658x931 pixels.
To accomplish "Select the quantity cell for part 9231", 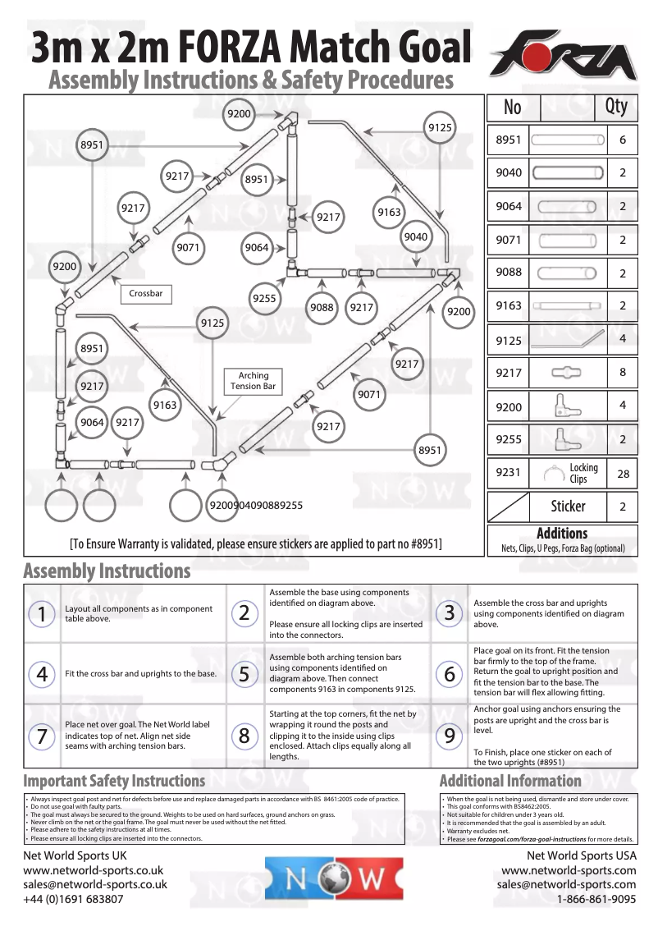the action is pos(623,474).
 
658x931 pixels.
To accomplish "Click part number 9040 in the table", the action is pos(509,173).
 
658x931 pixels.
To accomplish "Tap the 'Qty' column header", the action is pos(615,107).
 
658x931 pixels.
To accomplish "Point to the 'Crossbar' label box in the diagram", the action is pos(146,294).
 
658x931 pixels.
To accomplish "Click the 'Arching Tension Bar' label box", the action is pos(253,381).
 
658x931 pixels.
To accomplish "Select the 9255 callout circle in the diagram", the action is pos(264,299).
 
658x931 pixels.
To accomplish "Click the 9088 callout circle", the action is pos(322,307).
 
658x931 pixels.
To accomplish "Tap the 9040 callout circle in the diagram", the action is pos(416,237).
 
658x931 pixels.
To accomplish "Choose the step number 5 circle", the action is pos(244,675).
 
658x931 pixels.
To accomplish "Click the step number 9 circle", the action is pos(449,736).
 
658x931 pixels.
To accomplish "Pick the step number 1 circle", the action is pos(39,613).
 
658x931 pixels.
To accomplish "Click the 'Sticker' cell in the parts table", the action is pos(568,507).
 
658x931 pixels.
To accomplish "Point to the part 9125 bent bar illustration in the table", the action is pos(568,339).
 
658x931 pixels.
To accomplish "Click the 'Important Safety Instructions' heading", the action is pos(114,781).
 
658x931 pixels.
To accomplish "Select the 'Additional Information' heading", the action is pos(510,781).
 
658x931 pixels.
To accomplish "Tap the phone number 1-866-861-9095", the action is pos(596,899).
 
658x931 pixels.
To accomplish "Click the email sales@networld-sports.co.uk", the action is pos(95,884).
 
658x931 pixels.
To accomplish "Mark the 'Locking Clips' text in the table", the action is pos(583,473).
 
